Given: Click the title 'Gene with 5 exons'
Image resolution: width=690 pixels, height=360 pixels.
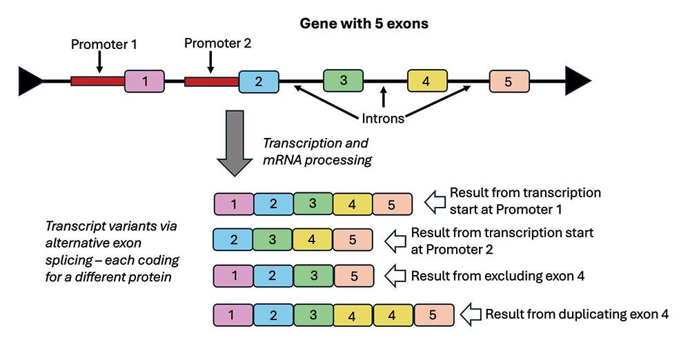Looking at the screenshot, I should tap(364, 24).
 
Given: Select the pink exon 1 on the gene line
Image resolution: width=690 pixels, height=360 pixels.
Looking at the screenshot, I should tap(144, 81).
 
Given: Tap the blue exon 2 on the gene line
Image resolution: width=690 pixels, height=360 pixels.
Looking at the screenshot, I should tap(259, 81).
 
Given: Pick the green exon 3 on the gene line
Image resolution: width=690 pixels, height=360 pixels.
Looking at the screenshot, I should tap(344, 81).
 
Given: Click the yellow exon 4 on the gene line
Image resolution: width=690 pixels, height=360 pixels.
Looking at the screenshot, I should tap(425, 81).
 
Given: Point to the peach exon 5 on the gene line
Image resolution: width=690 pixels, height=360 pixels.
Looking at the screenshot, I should tap(509, 81).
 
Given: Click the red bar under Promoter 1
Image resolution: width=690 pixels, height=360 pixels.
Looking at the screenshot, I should tap(97, 81).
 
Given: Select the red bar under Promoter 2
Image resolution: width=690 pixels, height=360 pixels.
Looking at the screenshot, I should tap(211, 81).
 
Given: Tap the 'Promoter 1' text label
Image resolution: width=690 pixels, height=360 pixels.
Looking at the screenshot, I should tap(104, 44).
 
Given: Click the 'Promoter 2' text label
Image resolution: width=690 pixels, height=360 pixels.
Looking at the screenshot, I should tap(217, 43).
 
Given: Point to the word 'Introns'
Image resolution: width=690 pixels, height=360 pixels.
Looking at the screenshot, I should tap(383, 119).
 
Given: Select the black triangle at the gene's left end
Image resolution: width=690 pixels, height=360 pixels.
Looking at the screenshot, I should tap(29, 81).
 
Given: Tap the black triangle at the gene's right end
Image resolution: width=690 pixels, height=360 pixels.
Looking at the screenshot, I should tap(577, 81).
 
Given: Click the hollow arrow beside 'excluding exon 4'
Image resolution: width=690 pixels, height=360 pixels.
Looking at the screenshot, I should tap(395, 275).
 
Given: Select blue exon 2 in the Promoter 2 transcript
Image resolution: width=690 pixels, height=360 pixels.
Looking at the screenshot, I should tap(234, 240).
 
